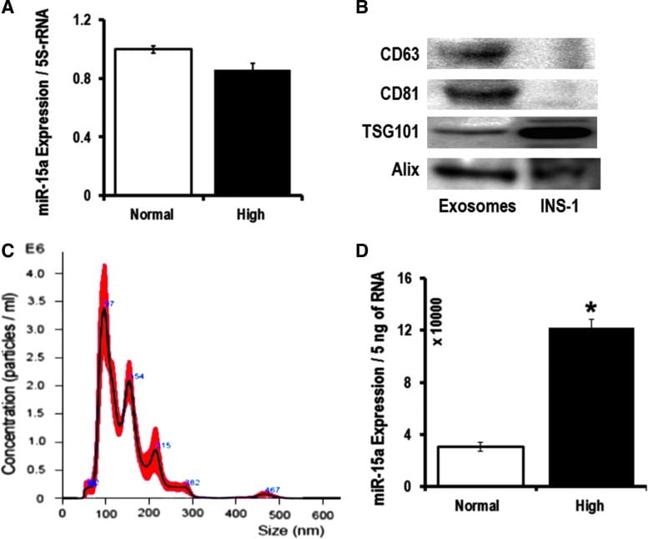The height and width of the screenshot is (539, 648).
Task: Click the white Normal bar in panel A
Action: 144,122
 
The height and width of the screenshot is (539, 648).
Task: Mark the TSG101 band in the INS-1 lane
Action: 557,131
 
